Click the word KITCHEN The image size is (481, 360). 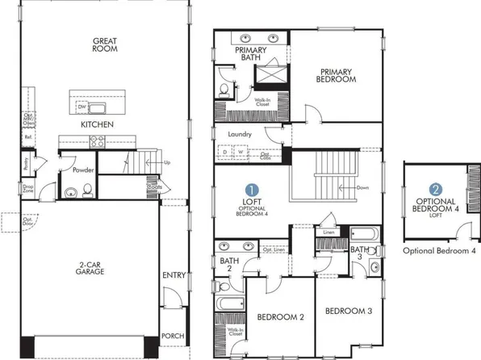tap(96, 125)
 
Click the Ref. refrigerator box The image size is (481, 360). tap(28, 137)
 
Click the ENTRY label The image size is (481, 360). tap(174, 275)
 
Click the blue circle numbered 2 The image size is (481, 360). tap(436, 187)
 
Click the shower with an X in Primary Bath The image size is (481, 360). tap(266, 74)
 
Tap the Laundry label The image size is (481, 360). tap(240, 135)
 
